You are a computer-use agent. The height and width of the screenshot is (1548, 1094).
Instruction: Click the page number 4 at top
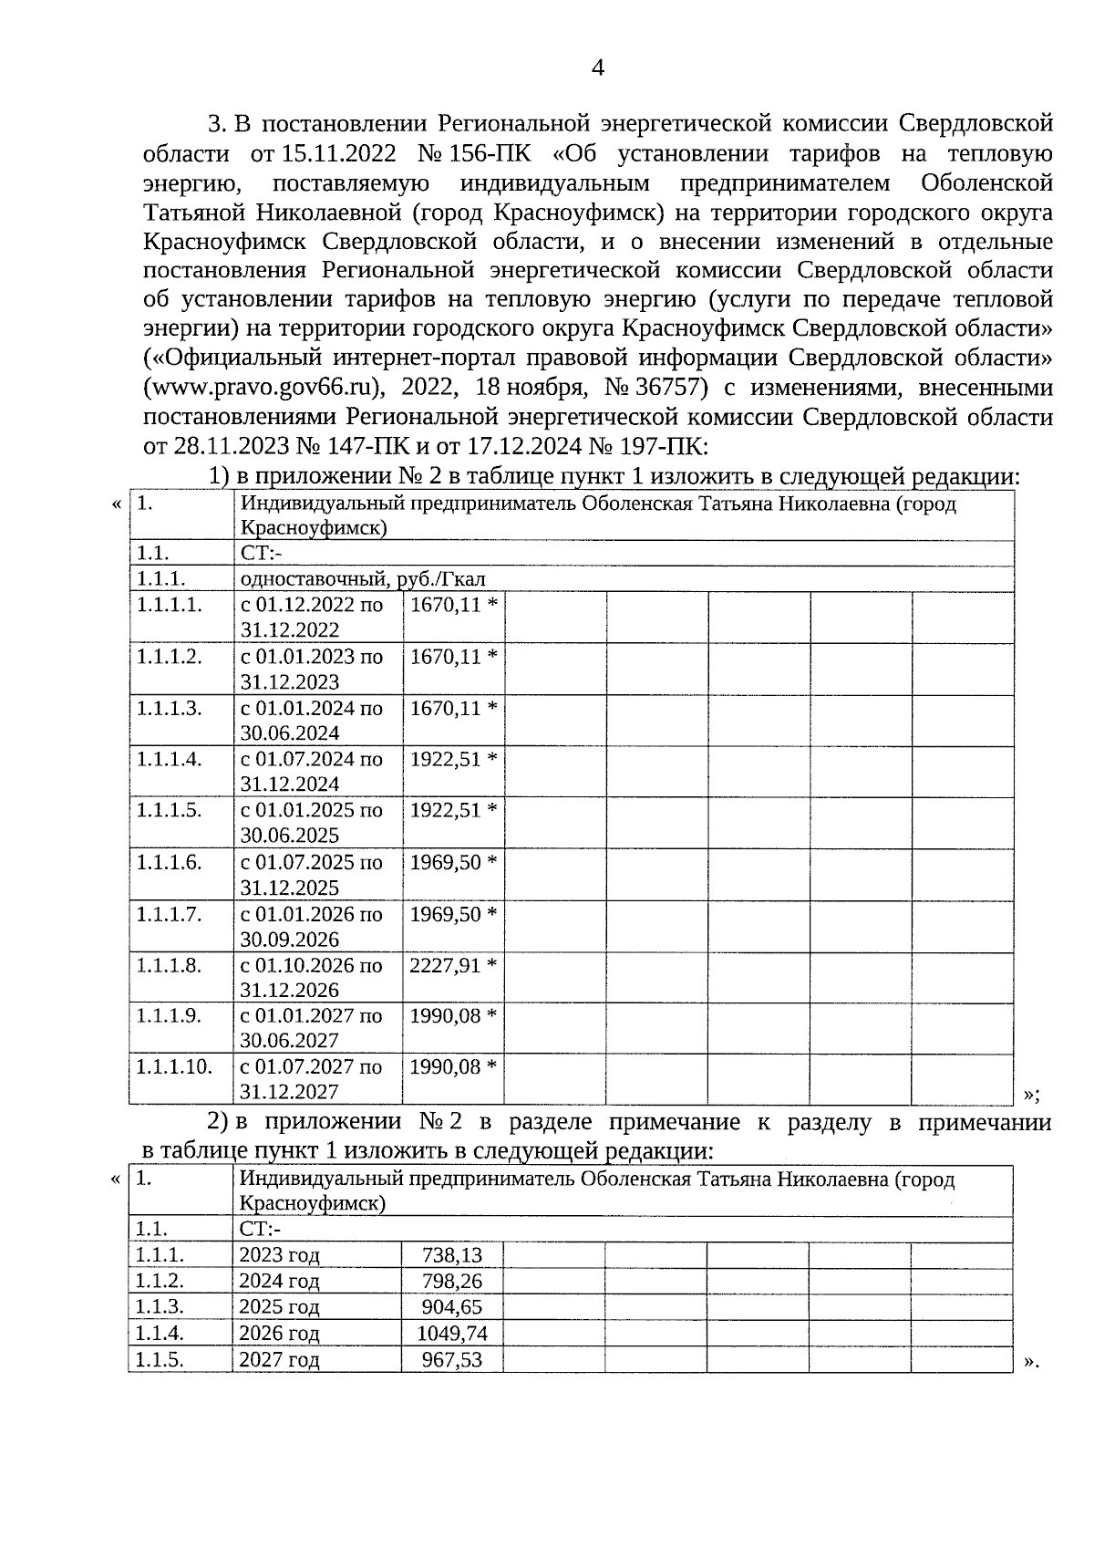coord(599,68)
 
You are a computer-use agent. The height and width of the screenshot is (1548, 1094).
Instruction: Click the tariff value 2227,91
coord(444,965)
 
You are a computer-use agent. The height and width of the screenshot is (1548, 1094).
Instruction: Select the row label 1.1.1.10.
coord(174,1066)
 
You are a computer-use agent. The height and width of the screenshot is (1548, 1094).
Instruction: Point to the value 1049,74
coord(451,1334)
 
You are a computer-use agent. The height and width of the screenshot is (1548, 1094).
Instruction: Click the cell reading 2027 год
coord(279,1360)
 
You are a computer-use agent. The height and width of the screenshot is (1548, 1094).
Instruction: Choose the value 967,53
coord(451,1360)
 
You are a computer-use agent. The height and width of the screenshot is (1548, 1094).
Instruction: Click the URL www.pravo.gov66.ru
coord(263,388)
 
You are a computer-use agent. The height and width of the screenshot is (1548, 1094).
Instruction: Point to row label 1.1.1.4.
coord(169,759)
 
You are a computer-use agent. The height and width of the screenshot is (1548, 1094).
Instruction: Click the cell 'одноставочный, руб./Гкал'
coord(363,579)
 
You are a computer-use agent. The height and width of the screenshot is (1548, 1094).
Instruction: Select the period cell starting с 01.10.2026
coord(311,977)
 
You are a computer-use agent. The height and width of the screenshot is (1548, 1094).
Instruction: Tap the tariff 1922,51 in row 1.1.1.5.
coord(444,810)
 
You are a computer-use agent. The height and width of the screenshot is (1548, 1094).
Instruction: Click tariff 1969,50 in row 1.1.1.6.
coord(444,862)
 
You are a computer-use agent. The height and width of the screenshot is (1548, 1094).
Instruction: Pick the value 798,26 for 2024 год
coord(451,1282)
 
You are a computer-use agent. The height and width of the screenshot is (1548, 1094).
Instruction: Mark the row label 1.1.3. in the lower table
coord(160,1307)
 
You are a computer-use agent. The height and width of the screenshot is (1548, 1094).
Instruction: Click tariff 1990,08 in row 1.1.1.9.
coord(444,1015)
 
